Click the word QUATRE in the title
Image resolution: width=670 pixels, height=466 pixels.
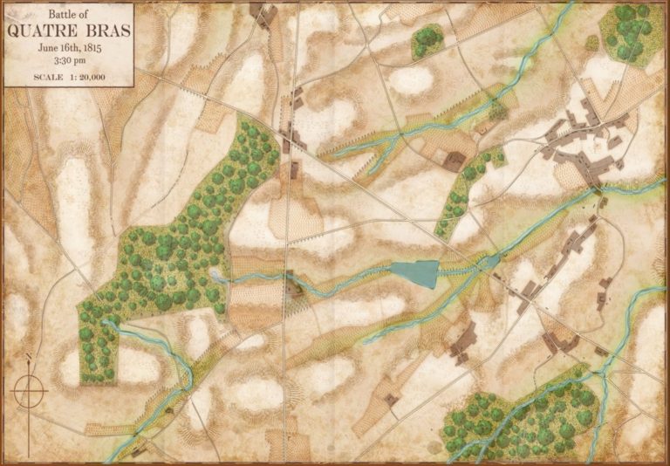click(x=44, y=31)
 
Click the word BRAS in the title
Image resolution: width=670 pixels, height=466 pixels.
click(x=104, y=31)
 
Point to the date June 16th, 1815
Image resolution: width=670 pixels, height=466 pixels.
click(x=69, y=48)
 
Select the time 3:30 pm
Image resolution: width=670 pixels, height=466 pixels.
click(x=69, y=61)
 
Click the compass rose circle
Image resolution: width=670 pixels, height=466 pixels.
click(x=28, y=393)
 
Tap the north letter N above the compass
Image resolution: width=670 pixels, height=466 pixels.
click(x=28, y=357)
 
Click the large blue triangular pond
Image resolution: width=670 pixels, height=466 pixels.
click(x=415, y=273)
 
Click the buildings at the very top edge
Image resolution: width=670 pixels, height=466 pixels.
click(x=263, y=12)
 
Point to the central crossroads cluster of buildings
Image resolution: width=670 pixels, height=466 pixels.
click(x=291, y=140)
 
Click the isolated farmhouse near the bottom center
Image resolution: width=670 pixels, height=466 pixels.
click(x=392, y=400)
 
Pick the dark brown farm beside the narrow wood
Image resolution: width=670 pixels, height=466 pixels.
click(x=454, y=160)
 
